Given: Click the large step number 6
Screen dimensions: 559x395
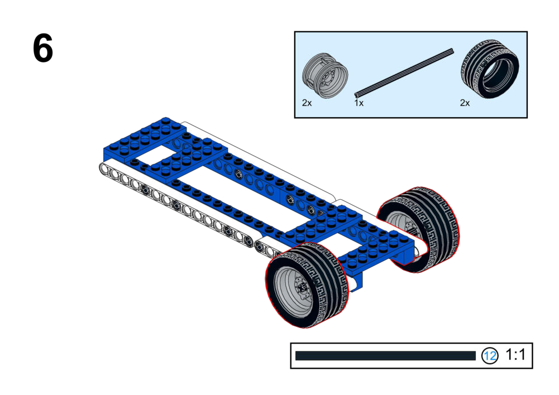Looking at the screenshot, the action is click(43, 48).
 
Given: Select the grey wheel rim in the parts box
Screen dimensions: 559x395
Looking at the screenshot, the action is click(325, 76).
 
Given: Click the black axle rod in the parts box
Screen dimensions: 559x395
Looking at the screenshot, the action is click(404, 73).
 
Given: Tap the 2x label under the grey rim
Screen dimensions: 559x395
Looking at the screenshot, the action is click(307, 103).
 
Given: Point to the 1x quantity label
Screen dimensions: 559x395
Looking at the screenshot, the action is click(359, 103).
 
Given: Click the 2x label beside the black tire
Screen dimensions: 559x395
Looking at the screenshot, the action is click(465, 103).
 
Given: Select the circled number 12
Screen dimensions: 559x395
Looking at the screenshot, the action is click(490, 355).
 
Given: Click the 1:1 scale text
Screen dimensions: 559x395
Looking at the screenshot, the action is click(515, 355).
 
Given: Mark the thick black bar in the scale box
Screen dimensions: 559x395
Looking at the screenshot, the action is click(385, 355).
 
